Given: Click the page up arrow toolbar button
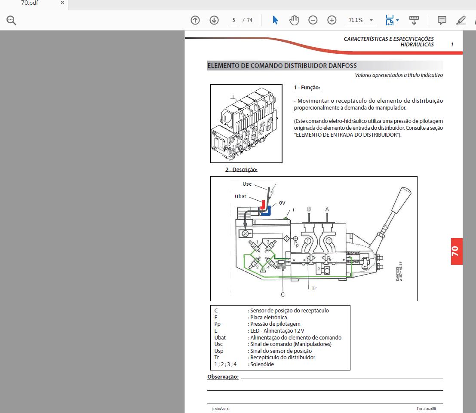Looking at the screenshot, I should click(195, 20).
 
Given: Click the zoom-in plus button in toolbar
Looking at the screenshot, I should click(332, 20).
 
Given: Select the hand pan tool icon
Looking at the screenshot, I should click(294, 20).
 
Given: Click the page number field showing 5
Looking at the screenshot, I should click(233, 20).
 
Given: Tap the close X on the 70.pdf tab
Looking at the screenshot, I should click(62, 3).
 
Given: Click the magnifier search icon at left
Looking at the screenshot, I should click(11, 20).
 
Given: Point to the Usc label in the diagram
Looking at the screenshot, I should click(247, 184).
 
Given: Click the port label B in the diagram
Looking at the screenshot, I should click(308, 209).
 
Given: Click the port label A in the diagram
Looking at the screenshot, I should click(327, 209).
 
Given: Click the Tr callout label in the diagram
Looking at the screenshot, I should click(314, 288).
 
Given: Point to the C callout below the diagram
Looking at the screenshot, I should click(283, 295).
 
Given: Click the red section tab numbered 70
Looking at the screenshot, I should click(456, 251).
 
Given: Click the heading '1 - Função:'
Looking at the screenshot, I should click(307, 88).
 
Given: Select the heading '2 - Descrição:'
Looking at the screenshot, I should click(241, 170).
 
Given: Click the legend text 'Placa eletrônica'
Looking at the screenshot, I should click(268, 318).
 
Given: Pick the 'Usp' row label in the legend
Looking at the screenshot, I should click(219, 351).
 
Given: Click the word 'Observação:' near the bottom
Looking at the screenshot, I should click(223, 377).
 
